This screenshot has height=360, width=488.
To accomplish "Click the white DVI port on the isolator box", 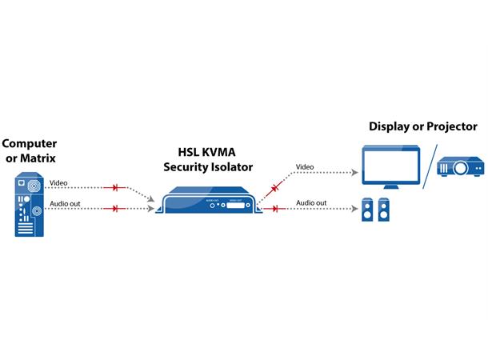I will click(x=238, y=204).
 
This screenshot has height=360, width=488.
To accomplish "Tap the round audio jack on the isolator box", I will click(x=214, y=204).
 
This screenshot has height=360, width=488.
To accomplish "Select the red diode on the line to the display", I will click(x=274, y=189).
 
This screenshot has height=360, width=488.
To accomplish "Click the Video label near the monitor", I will click(x=305, y=167).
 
